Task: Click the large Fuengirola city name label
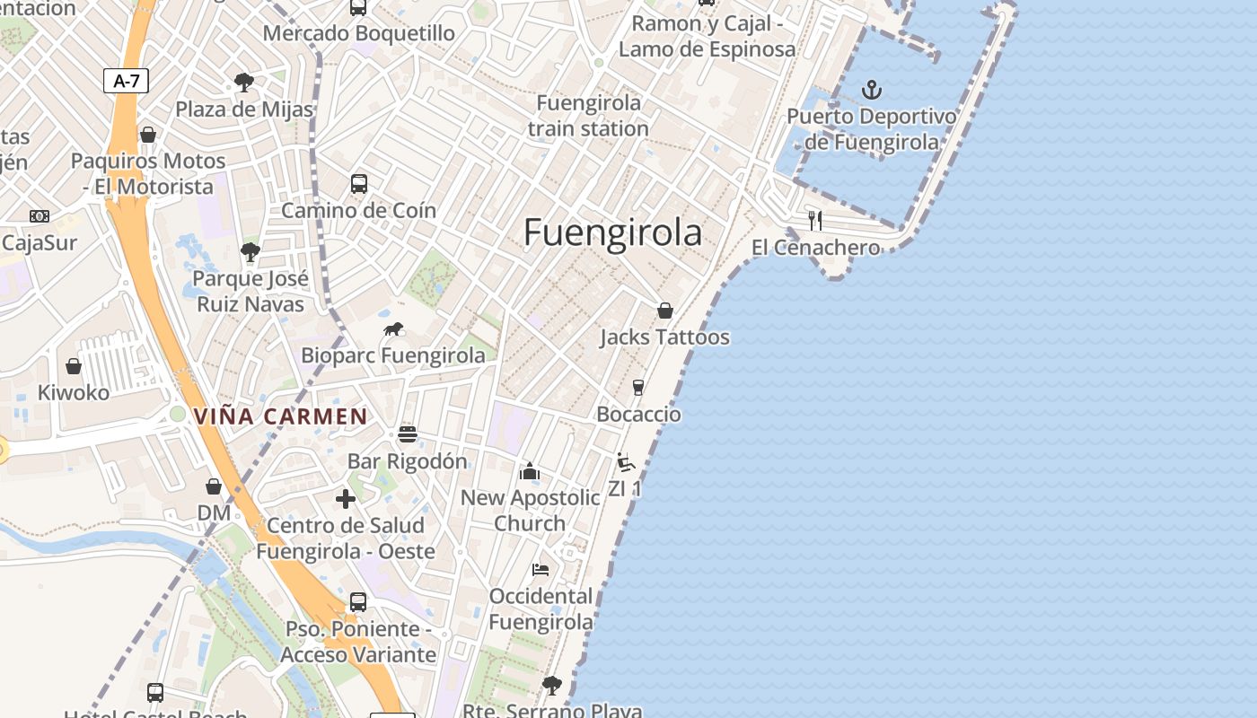[612, 232]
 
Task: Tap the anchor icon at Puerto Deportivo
[871, 90]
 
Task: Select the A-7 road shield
[126, 81]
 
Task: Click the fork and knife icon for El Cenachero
[815, 220]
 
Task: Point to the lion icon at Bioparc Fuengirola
[393, 329]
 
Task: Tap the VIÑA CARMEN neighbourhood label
[280, 416]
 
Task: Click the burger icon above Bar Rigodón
[408, 434]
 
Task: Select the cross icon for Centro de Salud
[346, 499]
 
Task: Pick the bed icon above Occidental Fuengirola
[541, 569]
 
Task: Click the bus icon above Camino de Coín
[359, 184]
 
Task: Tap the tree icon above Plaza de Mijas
[243, 83]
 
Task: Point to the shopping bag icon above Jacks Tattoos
[665, 311]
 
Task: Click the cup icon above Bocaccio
[638, 387]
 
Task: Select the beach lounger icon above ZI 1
[626, 462]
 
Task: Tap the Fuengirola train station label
[588, 116]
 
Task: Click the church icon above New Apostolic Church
[530, 471]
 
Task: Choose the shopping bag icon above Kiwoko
[74, 366]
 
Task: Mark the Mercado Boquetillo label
[359, 33]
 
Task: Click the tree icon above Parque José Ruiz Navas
[251, 252]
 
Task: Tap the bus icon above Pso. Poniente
[358, 602]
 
